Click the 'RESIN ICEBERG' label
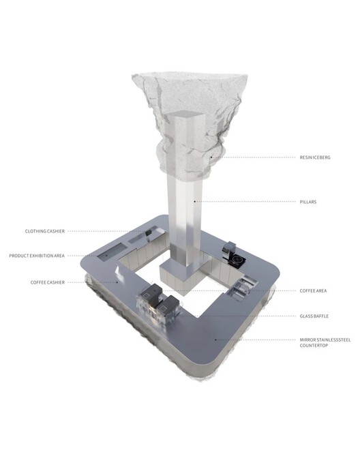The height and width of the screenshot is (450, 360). point(315,157)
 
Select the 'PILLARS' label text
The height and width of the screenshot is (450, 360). point(308,202)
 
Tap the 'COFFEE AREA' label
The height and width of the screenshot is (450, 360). point(313,290)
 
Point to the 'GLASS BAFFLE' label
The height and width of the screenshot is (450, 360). point(314,316)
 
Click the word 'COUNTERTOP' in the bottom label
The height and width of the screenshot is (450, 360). point(314,345)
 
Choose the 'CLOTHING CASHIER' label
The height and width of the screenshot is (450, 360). point(45,231)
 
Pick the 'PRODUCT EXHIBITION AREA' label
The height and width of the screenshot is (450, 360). point(37,256)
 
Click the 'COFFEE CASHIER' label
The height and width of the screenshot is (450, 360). point(47,282)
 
